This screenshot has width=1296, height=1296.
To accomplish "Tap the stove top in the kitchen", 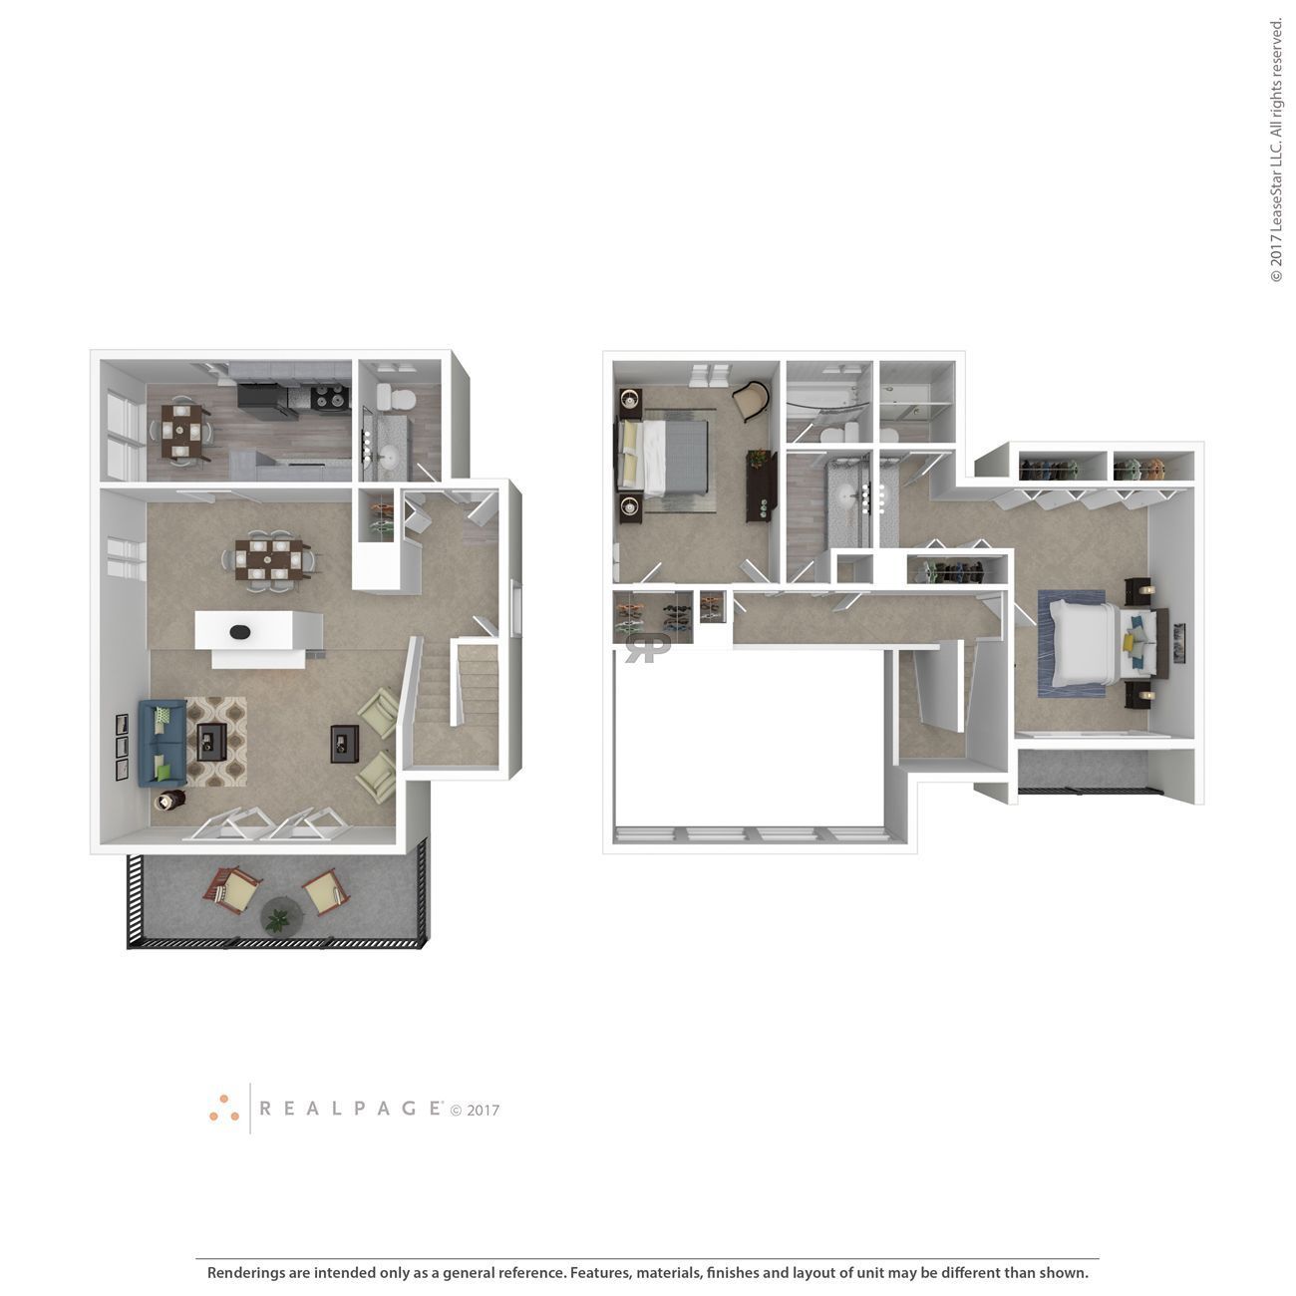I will [330, 399].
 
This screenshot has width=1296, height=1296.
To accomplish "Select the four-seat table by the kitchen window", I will [180, 430].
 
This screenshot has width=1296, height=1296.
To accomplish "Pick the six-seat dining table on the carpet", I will [268, 558].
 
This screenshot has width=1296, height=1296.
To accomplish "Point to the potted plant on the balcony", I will [277, 913].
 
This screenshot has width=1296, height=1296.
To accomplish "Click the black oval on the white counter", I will [240, 631].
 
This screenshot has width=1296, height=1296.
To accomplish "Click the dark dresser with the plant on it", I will [761, 485].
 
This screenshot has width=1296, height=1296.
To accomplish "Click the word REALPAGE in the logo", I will [350, 1108].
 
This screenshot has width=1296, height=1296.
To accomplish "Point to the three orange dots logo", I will [224, 1109].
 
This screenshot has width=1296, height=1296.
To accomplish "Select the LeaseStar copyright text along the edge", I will [1276, 150].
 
